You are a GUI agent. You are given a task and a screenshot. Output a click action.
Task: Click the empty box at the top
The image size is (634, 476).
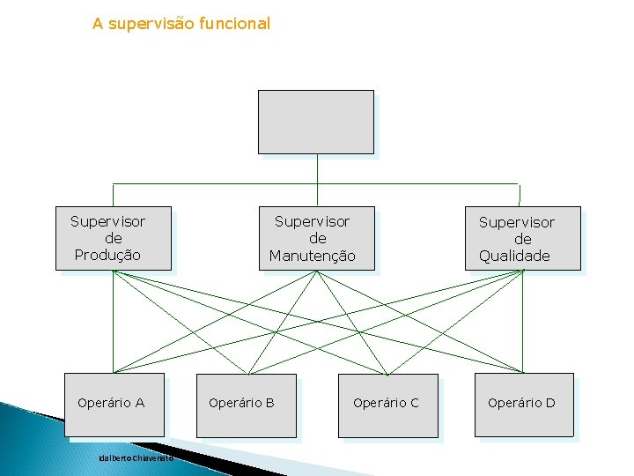pyautogui.click(x=315, y=122)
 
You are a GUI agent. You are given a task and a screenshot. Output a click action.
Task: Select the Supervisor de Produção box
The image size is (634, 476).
pyautogui.click(x=114, y=238)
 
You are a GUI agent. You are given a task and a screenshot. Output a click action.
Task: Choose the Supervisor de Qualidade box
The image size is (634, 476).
pyautogui.click(x=523, y=238)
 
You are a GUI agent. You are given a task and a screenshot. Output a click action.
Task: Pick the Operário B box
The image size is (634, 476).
pyautogui.click(x=246, y=405)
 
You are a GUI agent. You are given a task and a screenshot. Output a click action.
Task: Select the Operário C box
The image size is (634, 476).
pyautogui.click(x=387, y=405)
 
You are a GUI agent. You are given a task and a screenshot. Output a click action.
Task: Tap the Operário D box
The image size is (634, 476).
pyautogui.click(x=524, y=405)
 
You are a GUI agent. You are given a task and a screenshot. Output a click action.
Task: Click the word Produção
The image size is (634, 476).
pyautogui.click(x=107, y=256)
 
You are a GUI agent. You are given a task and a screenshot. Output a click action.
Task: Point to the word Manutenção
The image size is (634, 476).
pyautogui.click(x=313, y=257)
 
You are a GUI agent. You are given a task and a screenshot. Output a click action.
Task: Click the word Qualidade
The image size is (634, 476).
pyautogui.click(x=514, y=257)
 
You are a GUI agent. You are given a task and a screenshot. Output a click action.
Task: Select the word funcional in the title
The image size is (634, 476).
pyautogui.click(x=235, y=24)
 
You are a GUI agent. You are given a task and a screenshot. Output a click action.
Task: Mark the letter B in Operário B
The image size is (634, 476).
pyautogui.click(x=269, y=403)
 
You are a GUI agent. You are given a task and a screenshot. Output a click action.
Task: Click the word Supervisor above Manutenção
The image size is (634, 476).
pyautogui.click(x=312, y=221)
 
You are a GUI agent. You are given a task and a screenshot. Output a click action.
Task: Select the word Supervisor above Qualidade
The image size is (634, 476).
pyautogui.click(x=517, y=222)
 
